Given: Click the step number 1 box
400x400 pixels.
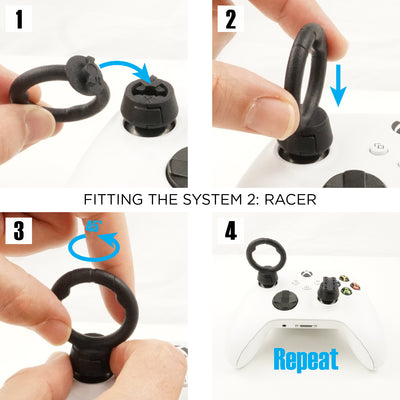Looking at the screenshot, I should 20,19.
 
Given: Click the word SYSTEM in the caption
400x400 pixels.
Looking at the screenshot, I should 206,199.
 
